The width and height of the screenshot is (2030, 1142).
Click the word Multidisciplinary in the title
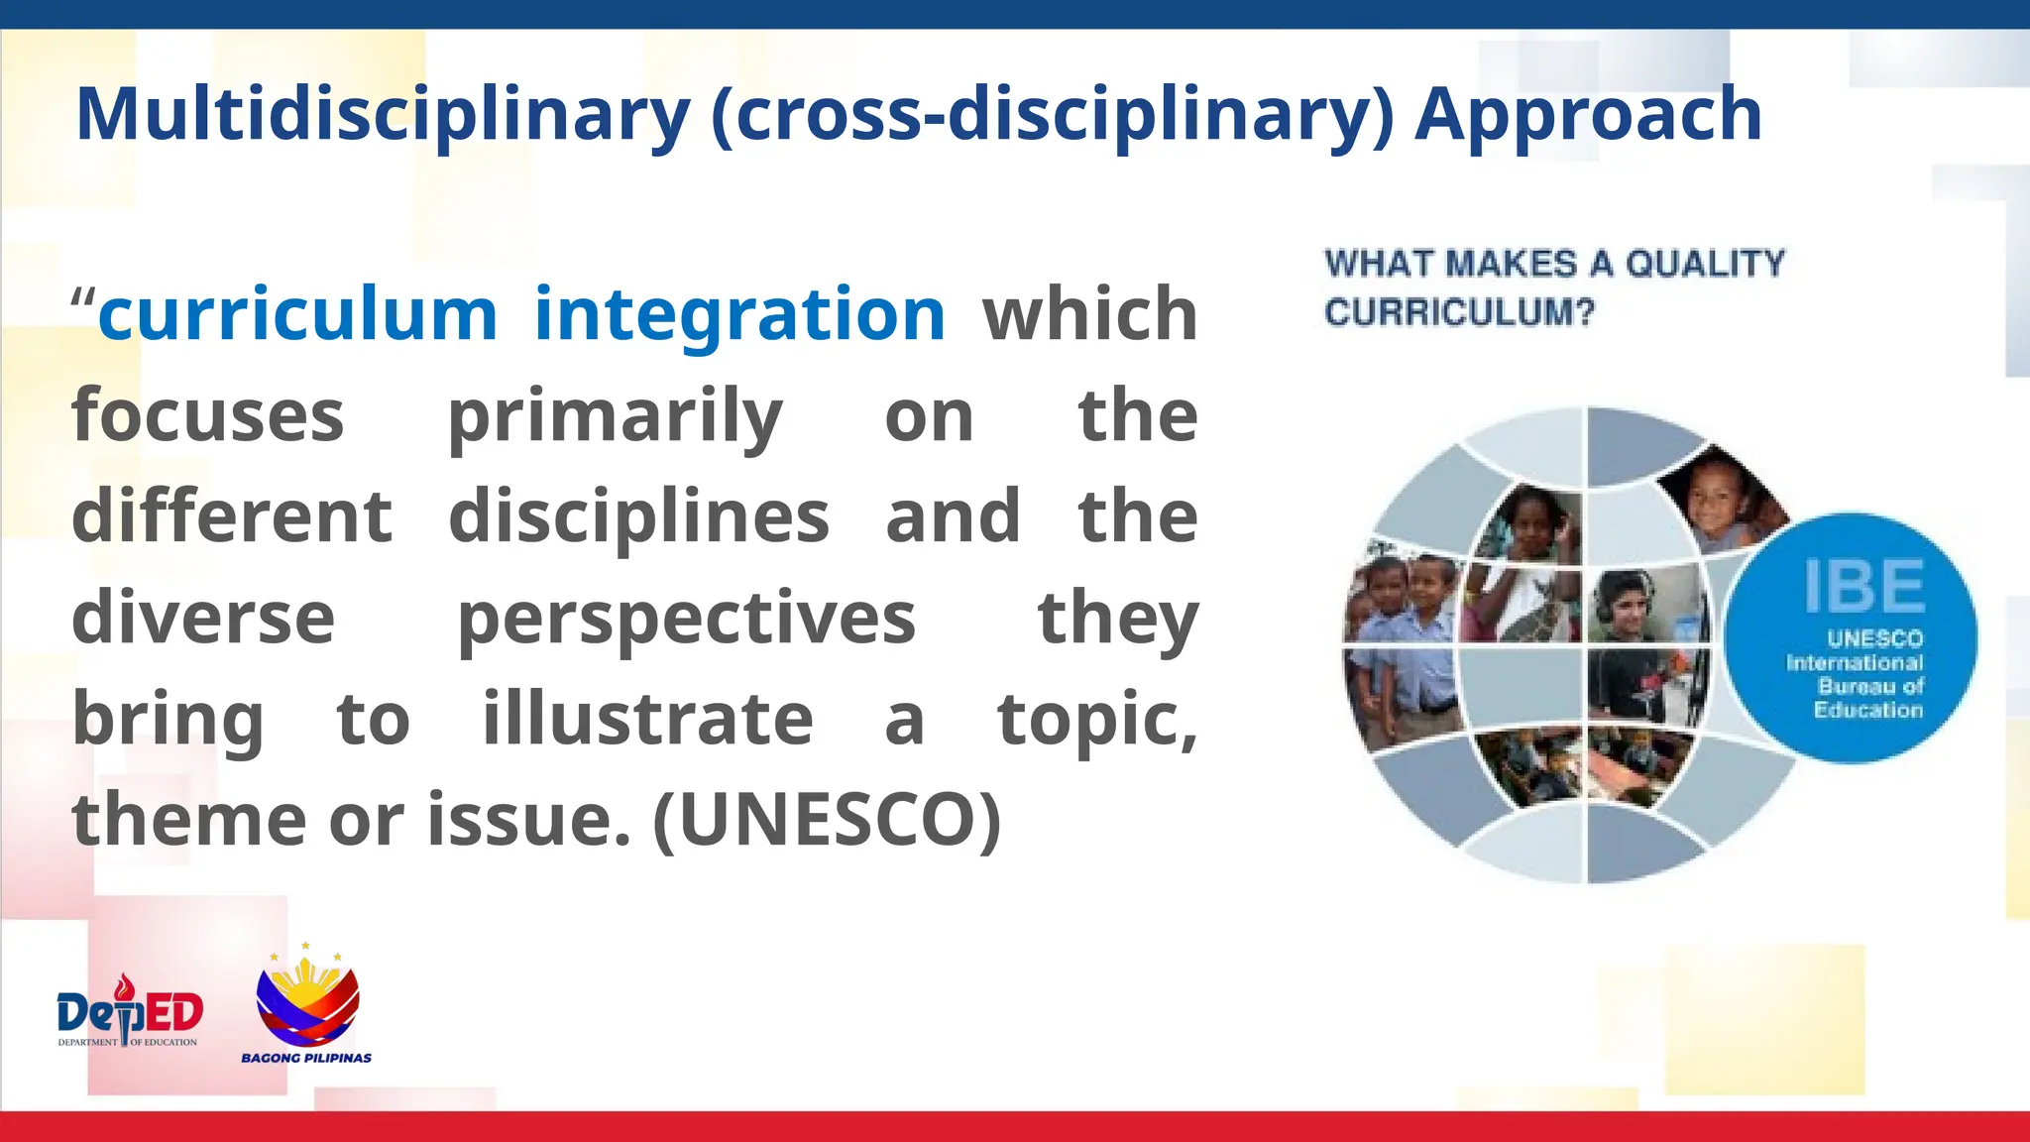point(383,115)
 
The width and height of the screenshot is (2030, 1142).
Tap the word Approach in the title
point(1588,115)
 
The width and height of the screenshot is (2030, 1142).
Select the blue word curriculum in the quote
point(297,315)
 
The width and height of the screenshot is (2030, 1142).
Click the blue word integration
point(739,315)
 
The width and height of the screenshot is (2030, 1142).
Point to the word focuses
point(208,416)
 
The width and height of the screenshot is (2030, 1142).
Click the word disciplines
point(638,517)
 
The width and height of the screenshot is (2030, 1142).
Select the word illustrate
point(647,720)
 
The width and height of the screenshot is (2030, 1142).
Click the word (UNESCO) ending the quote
point(827,821)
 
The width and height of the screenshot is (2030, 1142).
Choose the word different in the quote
point(232,517)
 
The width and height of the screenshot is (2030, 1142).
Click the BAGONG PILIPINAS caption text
point(306,1058)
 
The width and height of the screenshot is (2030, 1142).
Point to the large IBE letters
point(1863,587)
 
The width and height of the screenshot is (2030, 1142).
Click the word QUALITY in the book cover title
point(1705,264)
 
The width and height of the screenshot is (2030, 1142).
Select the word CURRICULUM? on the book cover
point(1459,312)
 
